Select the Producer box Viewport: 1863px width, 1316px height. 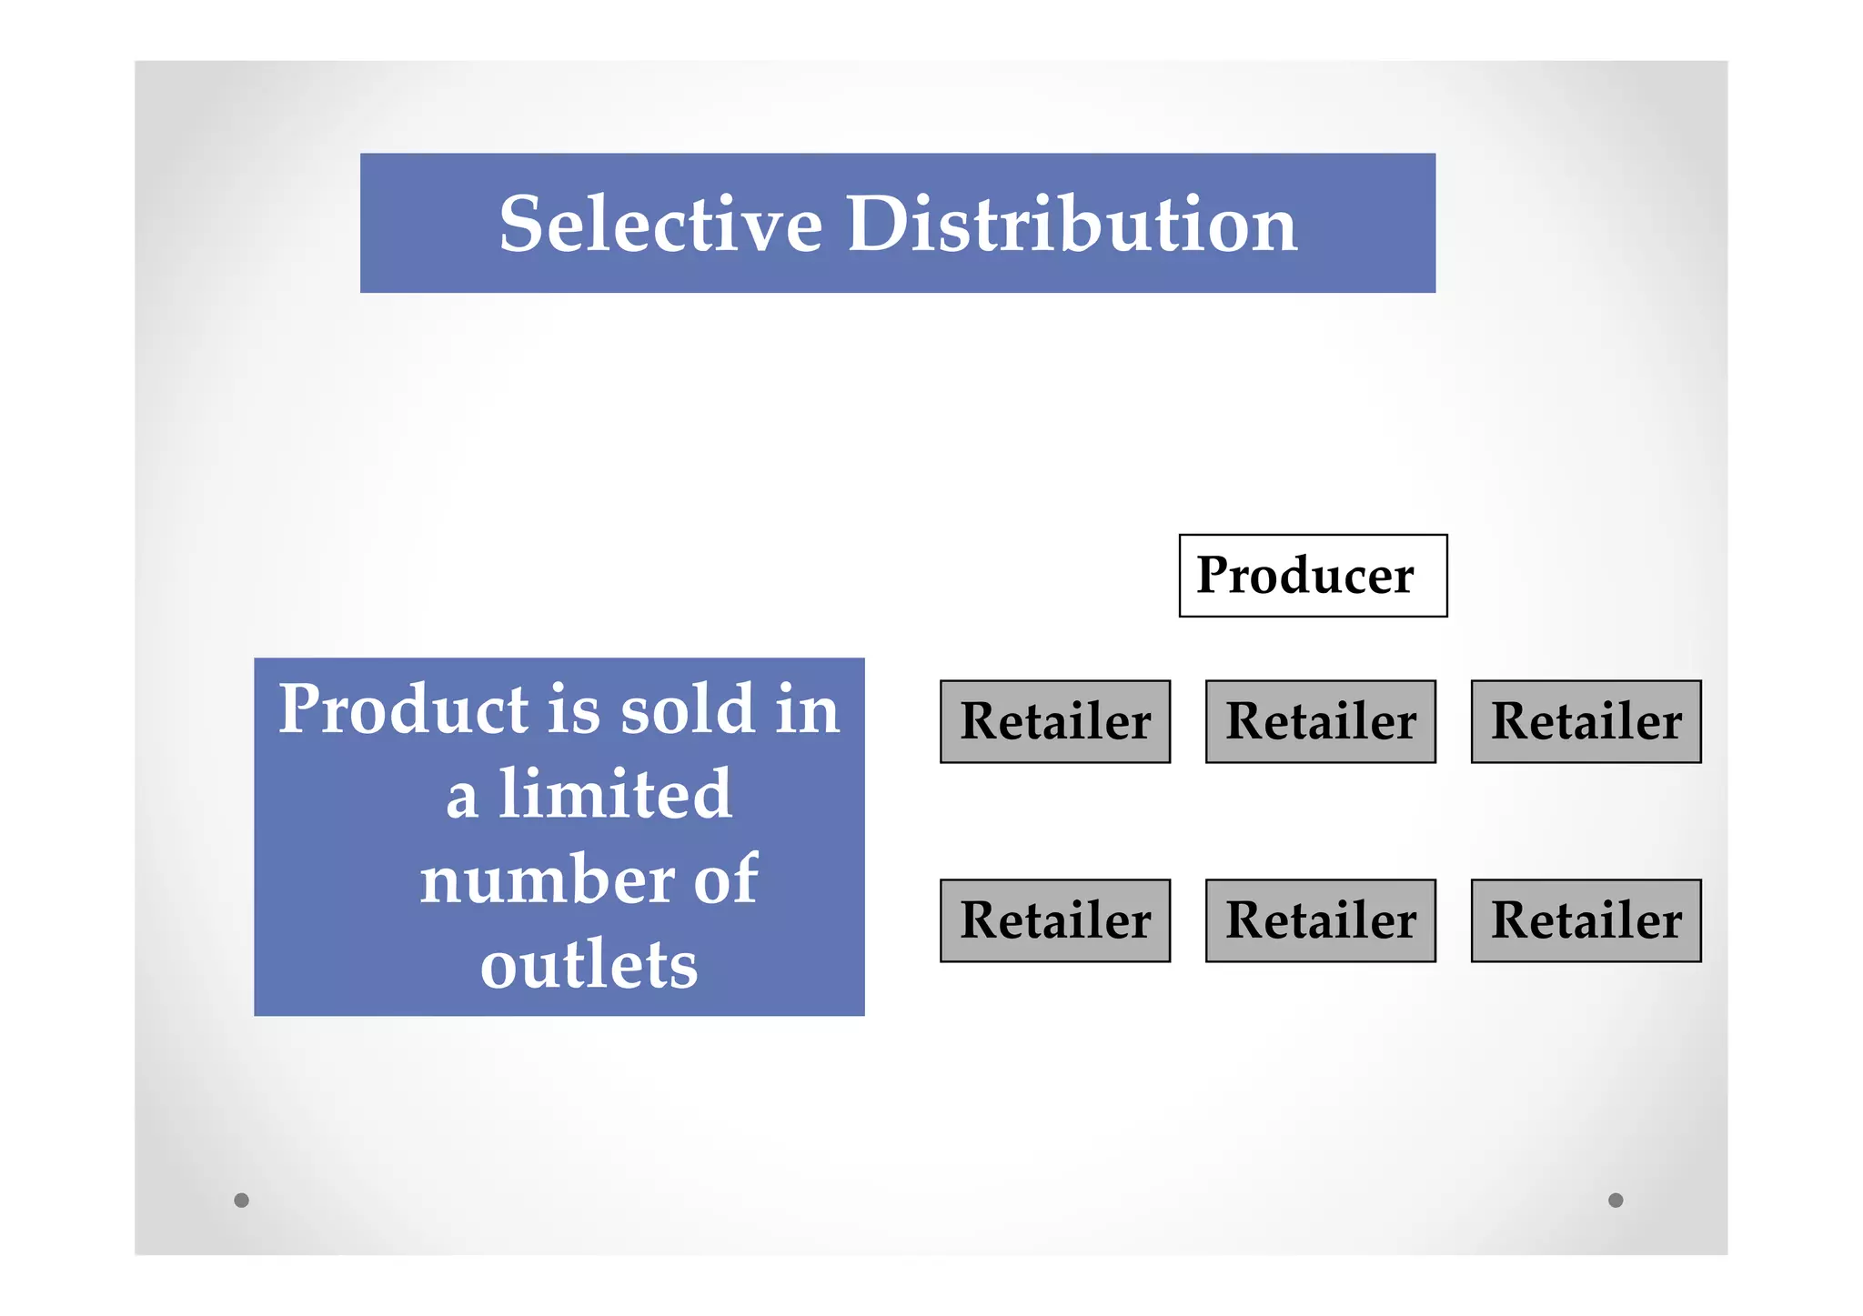[1312, 576]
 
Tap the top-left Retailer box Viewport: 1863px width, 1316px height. [1055, 721]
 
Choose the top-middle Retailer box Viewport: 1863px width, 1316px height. [1320, 721]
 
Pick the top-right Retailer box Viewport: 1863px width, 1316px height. [1586, 721]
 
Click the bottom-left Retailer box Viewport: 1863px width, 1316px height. [1055, 920]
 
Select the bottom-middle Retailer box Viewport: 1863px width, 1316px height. [1320, 920]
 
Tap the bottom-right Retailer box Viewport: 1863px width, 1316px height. [1586, 920]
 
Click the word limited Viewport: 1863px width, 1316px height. [615, 794]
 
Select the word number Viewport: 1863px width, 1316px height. [547, 879]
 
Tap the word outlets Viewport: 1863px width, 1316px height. [589, 965]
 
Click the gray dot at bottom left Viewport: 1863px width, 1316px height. [241, 1200]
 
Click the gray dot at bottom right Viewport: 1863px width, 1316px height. [1616, 1200]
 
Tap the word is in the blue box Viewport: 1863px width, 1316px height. [574, 709]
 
